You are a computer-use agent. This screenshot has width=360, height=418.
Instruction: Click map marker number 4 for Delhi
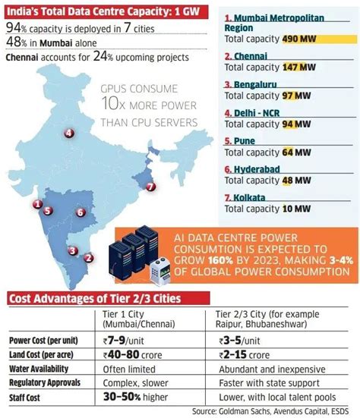pyautogui.click(x=69, y=134)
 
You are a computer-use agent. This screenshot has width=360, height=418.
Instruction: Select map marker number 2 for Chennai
pyautogui.click(x=89, y=257)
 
